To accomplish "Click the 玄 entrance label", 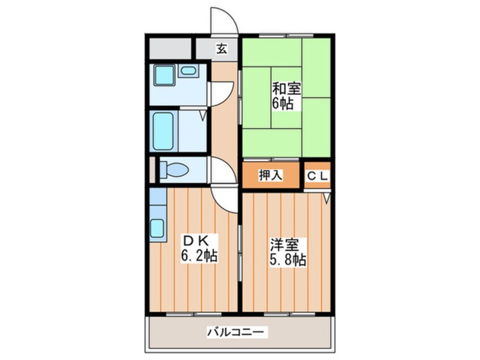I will pyautogui.click(x=221, y=49).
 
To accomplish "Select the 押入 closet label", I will pyautogui.click(x=270, y=175).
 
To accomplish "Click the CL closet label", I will pyautogui.click(x=318, y=175).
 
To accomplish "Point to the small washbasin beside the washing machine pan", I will pyautogui.click(x=188, y=72).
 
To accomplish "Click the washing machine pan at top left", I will pyautogui.click(x=163, y=75).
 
